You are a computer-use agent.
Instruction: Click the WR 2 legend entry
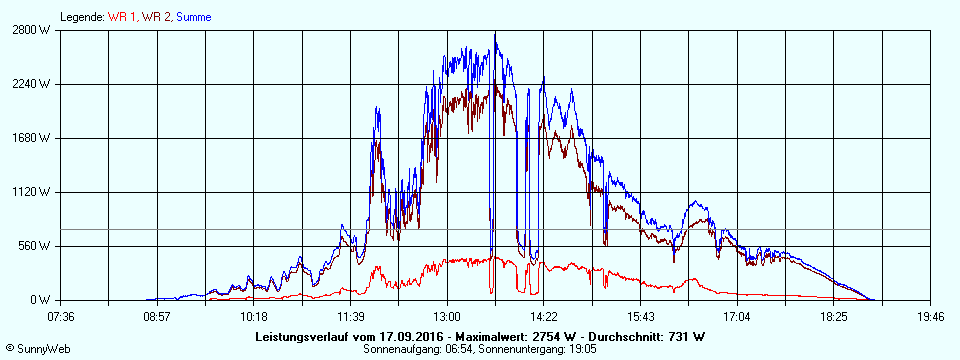point(156,17)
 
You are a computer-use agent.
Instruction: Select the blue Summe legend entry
point(193,17)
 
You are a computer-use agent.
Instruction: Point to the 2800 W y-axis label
point(32,30)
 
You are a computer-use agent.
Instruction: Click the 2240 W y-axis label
point(32,84)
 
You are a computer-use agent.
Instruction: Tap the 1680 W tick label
point(32,138)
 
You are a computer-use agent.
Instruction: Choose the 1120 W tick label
point(32,192)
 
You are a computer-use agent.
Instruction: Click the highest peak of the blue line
point(495,33)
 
